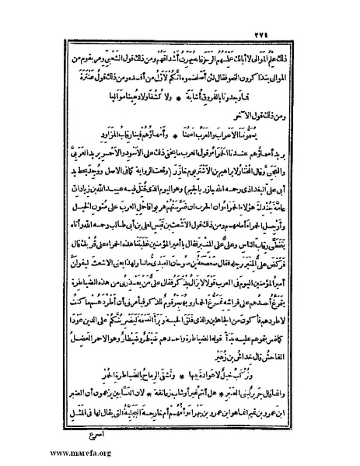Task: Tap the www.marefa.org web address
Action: tap(46, 453)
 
